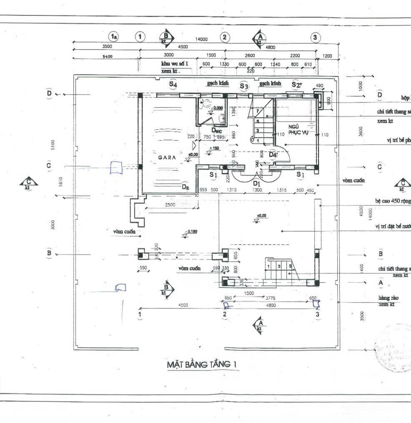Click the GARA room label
click(168, 158)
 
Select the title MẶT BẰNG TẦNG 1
click(202, 365)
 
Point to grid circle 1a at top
click(113, 37)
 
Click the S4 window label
click(173, 84)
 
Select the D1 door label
click(256, 183)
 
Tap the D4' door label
click(273, 155)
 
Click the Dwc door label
click(216, 130)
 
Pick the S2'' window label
click(297, 85)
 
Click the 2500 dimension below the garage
click(170, 205)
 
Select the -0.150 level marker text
click(193, 231)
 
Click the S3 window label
click(244, 86)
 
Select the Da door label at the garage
click(185, 188)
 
